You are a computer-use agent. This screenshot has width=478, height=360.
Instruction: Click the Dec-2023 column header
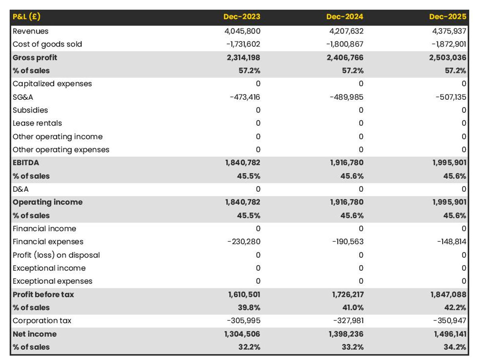242,17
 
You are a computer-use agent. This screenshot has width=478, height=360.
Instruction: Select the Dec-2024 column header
345,17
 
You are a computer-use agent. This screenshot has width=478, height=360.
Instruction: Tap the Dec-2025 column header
447,17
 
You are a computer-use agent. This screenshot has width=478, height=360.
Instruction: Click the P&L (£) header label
27,17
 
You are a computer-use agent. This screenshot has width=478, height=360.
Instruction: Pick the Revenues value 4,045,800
243,31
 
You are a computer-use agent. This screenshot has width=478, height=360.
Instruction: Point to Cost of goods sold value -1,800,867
345,44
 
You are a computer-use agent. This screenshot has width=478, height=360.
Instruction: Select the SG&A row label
23,97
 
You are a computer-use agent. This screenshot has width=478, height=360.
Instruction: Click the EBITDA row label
26,163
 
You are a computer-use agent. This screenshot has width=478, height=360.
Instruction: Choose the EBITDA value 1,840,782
243,163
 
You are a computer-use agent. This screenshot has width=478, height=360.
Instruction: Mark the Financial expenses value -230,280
243,242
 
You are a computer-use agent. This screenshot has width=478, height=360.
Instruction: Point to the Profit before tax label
43,295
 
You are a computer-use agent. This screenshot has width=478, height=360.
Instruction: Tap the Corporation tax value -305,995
243,321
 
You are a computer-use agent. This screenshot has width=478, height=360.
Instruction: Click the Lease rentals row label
37,123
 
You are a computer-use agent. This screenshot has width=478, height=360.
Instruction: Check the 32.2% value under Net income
249,347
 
